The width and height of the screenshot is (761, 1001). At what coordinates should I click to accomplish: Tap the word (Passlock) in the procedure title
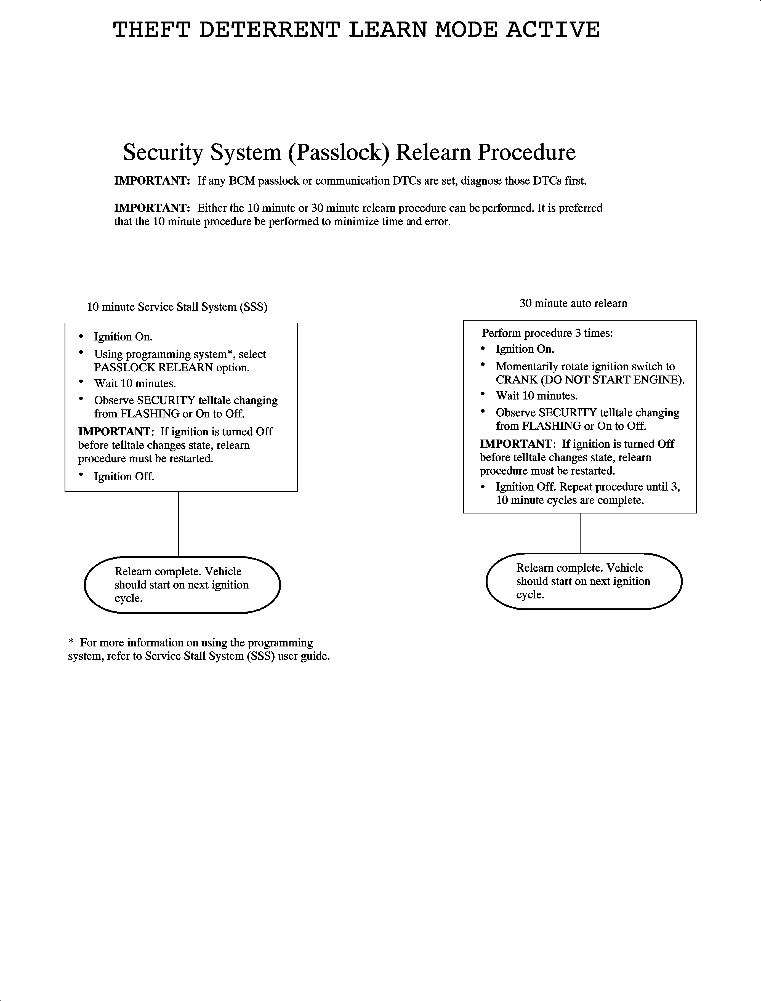click(338, 152)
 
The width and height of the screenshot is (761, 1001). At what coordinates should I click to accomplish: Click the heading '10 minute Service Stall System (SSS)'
click(177, 307)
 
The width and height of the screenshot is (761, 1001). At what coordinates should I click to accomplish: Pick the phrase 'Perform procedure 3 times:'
click(547, 333)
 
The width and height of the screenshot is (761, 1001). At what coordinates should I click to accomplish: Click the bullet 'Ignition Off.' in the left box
click(124, 476)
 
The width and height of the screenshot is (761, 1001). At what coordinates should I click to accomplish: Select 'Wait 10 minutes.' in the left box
click(135, 384)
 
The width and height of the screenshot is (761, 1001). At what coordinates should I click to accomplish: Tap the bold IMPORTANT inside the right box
click(515, 444)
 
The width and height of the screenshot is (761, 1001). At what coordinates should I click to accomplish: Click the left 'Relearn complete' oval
click(182, 585)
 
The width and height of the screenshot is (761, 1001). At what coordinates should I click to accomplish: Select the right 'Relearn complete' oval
click(584, 581)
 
